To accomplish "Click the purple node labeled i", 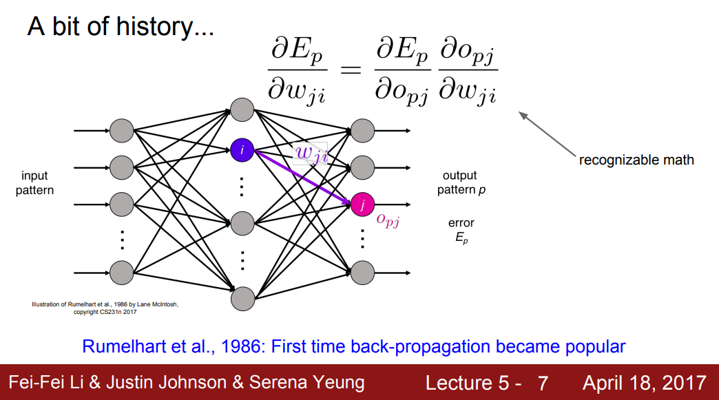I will (242, 148).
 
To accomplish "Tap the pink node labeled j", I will (362, 203).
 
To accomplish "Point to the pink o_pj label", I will (388, 220).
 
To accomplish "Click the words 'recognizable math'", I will (636, 160).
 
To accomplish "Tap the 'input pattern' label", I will (34, 182).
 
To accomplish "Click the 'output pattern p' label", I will (461, 182).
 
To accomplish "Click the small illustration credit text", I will (105, 307).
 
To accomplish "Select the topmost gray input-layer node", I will (121, 129).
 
